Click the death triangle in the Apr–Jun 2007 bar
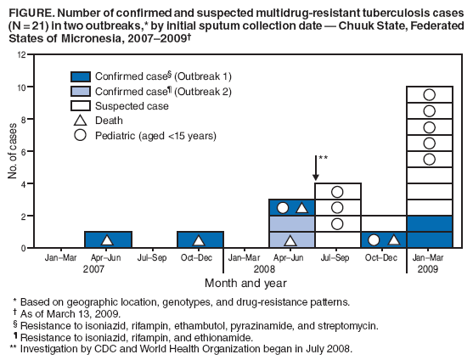(x=107, y=240)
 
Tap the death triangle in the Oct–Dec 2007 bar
(x=199, y=240)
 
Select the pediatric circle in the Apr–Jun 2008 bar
(x=283, y=208)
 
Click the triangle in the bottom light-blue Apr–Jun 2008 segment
(x=291, y=240)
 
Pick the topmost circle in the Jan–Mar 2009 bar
(x=429, y=95)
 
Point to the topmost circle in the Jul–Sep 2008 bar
(x=337, y=192)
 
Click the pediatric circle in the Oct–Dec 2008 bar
(x=374, y=240)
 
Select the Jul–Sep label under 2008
(x=337, y=257)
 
